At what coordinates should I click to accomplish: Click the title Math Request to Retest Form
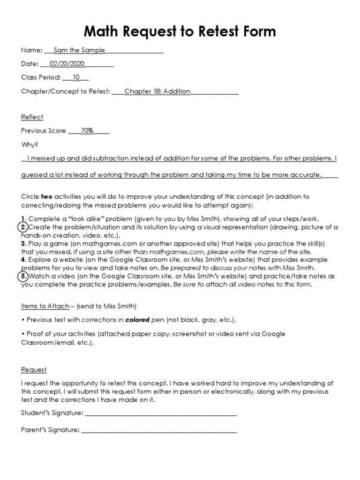click(180, 31)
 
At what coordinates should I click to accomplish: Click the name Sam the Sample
click(79, 51)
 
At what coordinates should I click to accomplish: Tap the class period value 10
click(75, 77)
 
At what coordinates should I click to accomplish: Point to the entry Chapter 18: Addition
click(157, 91)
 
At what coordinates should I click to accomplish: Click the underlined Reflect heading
click(32, 117)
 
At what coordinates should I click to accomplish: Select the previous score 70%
click(87, 131)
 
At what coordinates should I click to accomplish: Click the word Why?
click(29, 145)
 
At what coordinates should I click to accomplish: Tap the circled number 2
click(23, 227)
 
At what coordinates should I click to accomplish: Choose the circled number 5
click(23, 276)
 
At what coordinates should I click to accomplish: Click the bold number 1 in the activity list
click(23, 219)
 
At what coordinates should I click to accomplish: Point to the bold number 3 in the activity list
click(23, 244)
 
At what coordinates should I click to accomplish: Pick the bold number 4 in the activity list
click(23, 260)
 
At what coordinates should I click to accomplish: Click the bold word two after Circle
click(47, 196)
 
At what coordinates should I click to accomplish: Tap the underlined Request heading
click(34, 369)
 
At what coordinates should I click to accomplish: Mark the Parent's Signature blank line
click(159, 429)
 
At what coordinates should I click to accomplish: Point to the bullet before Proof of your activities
click(22, 334)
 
